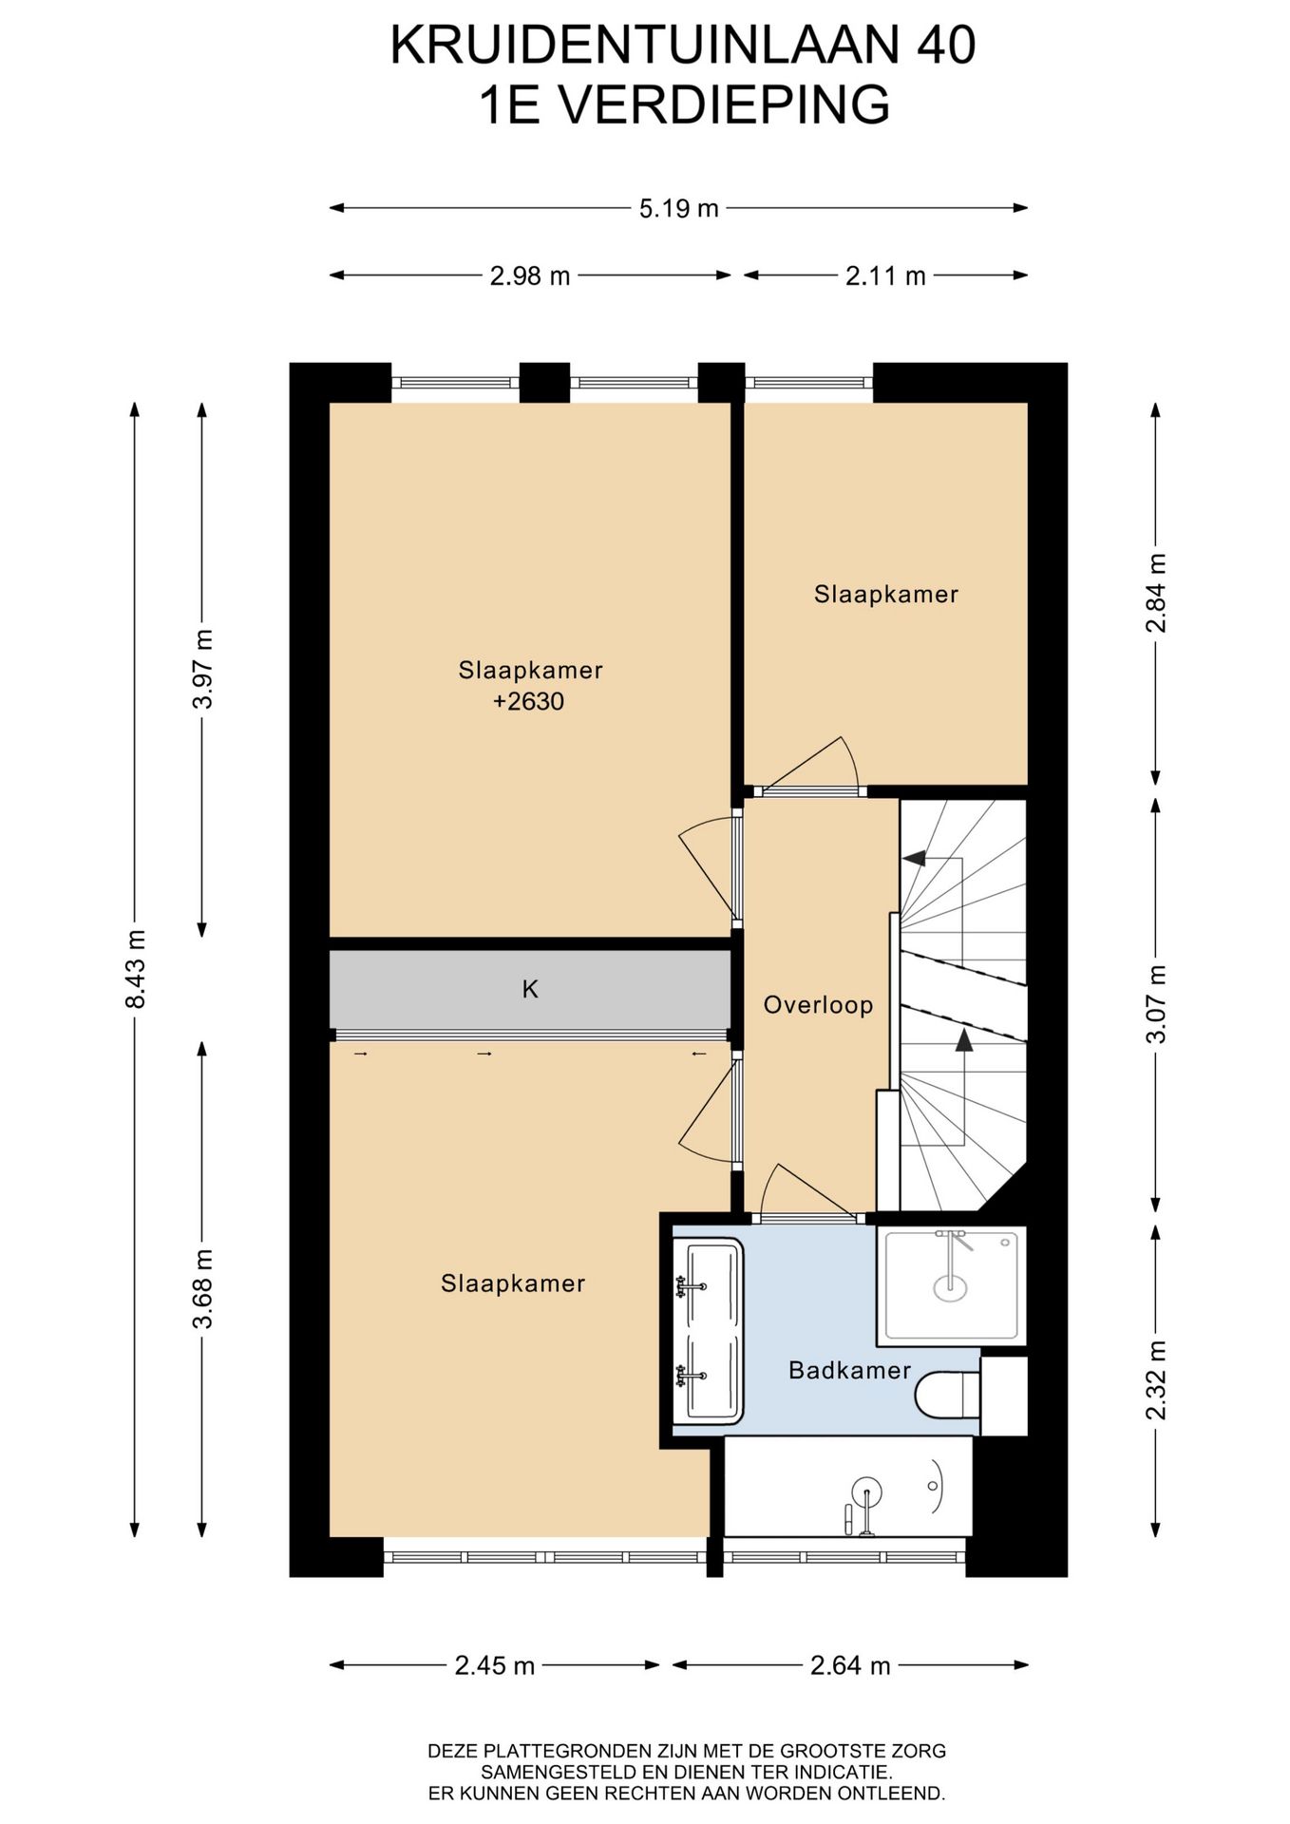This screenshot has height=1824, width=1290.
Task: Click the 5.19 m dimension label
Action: coord(678,208)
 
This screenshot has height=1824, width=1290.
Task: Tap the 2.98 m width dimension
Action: coord(530,275)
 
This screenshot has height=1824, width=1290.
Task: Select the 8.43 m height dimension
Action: coord(135,970)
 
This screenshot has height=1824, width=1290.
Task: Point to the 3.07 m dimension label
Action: coord(1155,1003)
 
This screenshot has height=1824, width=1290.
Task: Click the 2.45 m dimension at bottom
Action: coord(495,1664)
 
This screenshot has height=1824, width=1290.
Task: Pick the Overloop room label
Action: coord(818,1004)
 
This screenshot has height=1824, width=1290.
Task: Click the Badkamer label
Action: coord(849,1370)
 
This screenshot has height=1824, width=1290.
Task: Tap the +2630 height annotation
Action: coord(529,701)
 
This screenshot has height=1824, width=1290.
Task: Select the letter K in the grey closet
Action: coord(530,989)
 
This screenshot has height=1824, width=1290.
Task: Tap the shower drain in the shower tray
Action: coord(950,1287)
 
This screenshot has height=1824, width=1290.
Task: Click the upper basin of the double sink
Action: coord(707,1286)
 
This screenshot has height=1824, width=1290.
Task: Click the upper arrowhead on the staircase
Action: coord(914,858)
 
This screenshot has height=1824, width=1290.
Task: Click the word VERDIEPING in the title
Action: coord(723,104)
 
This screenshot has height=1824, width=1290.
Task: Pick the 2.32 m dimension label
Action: coord(1155,1378)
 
